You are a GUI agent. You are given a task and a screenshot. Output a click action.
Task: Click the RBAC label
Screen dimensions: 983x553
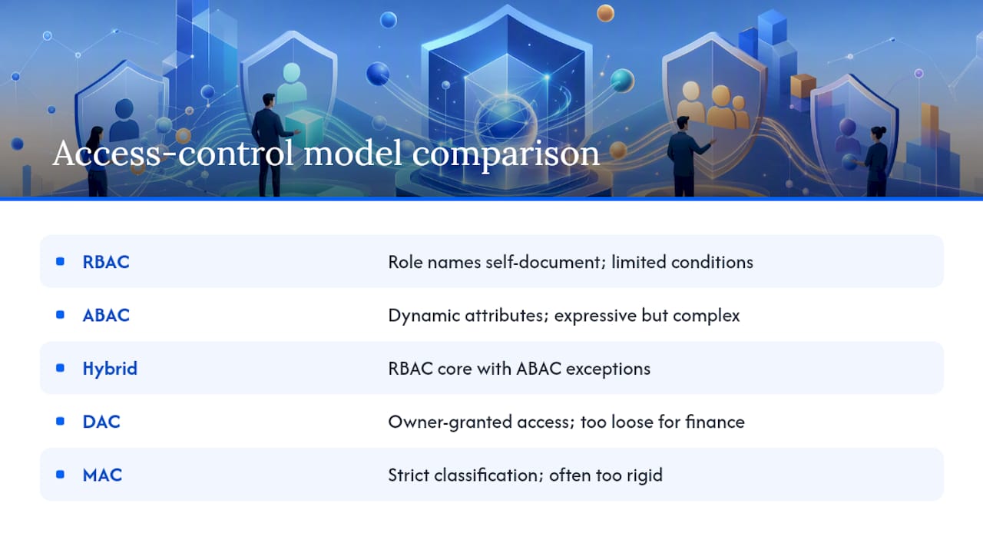(106, 262)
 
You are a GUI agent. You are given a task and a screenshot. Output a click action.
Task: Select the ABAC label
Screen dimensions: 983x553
(106, 315)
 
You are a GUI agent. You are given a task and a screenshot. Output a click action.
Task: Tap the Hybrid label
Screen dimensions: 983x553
(110, 369)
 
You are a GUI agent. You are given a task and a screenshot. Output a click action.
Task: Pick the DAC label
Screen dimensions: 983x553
(101, 422)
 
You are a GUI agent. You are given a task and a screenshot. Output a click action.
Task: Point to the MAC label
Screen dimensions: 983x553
(102, 475)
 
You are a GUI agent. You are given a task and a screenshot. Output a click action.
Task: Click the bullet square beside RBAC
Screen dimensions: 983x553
(60, 262)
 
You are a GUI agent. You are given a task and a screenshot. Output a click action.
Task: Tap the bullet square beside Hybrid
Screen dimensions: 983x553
(60, 368)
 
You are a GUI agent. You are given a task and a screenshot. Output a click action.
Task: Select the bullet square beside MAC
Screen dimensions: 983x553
(60, 475)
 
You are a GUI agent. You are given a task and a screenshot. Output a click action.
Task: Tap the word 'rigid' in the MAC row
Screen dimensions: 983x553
(644, 475)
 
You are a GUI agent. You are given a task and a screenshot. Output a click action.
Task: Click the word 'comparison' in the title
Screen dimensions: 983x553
(505, 154)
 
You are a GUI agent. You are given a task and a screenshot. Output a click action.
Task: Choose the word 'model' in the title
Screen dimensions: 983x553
(352, 153)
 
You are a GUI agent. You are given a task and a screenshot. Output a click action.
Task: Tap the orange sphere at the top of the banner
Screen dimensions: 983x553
(605, 13)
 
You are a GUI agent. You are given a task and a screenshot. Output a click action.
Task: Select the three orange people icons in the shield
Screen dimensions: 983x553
(713, 105)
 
